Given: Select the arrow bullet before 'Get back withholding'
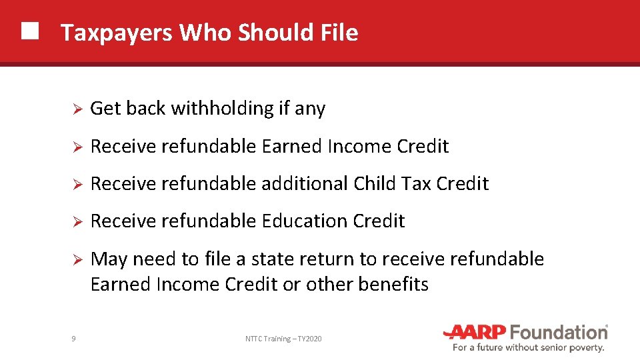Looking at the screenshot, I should (77, 109).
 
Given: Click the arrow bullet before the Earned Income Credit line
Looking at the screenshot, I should (77, 147).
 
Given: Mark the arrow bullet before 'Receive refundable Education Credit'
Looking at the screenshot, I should (77, 221).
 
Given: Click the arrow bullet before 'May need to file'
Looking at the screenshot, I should (77, 259).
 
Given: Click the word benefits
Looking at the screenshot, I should (393, 284).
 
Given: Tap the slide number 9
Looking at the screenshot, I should (73, 339).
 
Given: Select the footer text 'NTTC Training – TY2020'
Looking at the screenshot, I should (283, 339).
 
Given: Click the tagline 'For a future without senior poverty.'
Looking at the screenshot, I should (528, 347).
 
